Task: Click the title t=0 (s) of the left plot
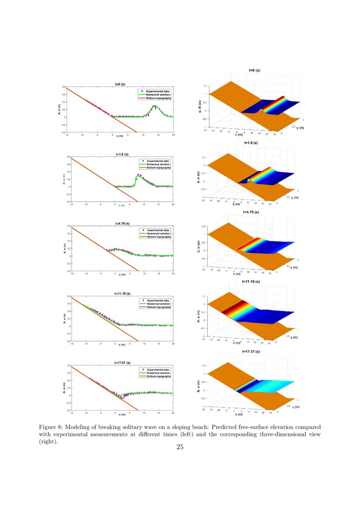tap(120, 84)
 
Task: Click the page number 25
tap(180, 447)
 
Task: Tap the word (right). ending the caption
tap(48, 441)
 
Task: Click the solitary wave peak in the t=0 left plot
tap(155, 106)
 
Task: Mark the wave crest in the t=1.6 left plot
tap(138, 175)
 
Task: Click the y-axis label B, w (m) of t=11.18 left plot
tap(64, 318)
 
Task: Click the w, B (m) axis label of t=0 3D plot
tap(200, 106)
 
